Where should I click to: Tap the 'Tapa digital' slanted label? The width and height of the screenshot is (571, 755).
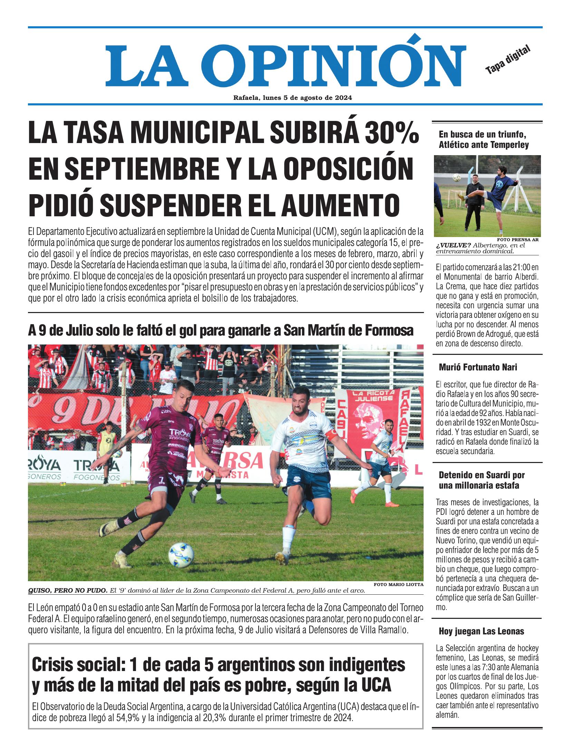[507, 60]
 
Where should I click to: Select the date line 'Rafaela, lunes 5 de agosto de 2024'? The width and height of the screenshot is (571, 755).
[292, 98]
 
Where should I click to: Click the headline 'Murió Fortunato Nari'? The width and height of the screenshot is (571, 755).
[478, 367]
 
